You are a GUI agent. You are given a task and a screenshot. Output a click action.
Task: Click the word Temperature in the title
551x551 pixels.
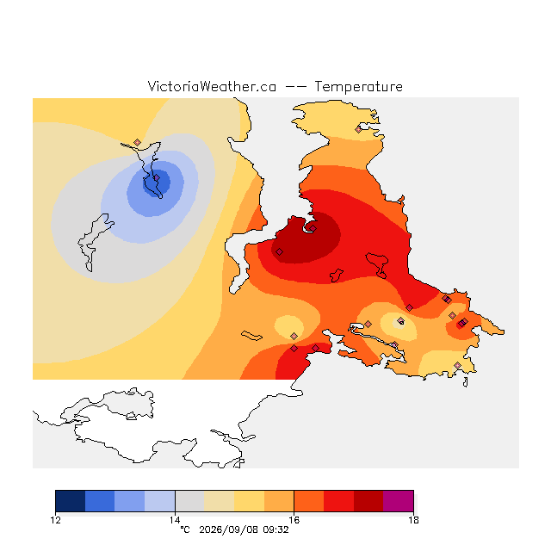(x=358, y=86)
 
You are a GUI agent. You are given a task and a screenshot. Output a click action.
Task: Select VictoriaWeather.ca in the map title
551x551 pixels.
(x=212, y=86)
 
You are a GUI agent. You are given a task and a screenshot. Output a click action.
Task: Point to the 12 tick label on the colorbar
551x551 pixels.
(x=55, y=520)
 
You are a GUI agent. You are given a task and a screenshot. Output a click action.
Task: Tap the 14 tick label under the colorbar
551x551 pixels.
(x=175, y=520)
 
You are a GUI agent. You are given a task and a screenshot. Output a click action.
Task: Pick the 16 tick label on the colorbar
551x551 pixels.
(x=294, y=520)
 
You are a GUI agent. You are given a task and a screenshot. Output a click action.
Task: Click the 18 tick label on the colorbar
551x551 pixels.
(x=413, y=520)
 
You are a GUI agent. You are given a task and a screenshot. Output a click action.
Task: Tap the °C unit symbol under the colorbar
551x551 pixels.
(x=185, y=529)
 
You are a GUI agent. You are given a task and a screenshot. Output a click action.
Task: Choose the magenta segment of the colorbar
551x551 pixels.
(x=398, y=501)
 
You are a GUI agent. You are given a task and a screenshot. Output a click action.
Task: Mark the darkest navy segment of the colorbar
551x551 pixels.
(x=71, y=501)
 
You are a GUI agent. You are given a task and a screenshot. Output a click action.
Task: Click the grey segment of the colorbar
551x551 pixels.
(x=189, y=501)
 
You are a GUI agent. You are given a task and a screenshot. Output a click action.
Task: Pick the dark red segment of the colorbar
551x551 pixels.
(x=368, y=501)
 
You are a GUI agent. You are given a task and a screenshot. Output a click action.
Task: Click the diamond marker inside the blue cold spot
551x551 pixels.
(x=157, y=178)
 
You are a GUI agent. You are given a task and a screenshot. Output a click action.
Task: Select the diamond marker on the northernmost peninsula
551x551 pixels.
(x=358, y=129)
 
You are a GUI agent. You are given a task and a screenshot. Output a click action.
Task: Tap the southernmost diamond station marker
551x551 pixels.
(x=457, y=365)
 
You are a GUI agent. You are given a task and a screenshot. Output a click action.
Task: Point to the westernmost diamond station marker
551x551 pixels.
(x=138, y=142)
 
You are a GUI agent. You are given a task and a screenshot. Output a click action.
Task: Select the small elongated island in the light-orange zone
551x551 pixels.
(x=251, y=336)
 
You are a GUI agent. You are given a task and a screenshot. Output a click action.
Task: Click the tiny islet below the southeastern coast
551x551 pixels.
(x=465, y=382)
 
